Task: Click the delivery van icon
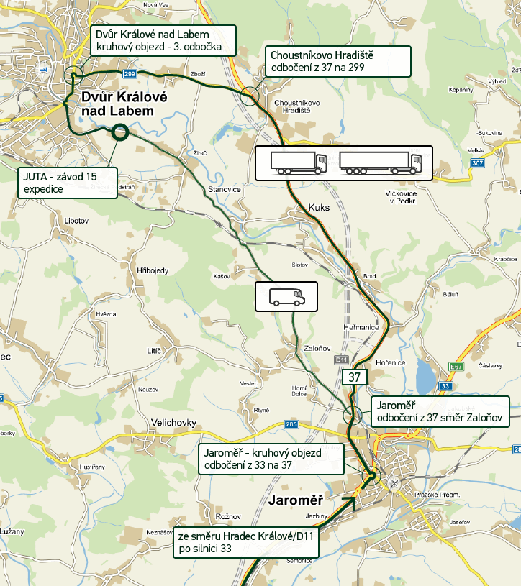(x=286, y=296)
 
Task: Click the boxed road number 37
(x=353, y=377)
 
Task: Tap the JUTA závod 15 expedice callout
(x=67, y=183)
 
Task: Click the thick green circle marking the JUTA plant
(x=120, y=131)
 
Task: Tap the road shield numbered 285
(x=291, y=424)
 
